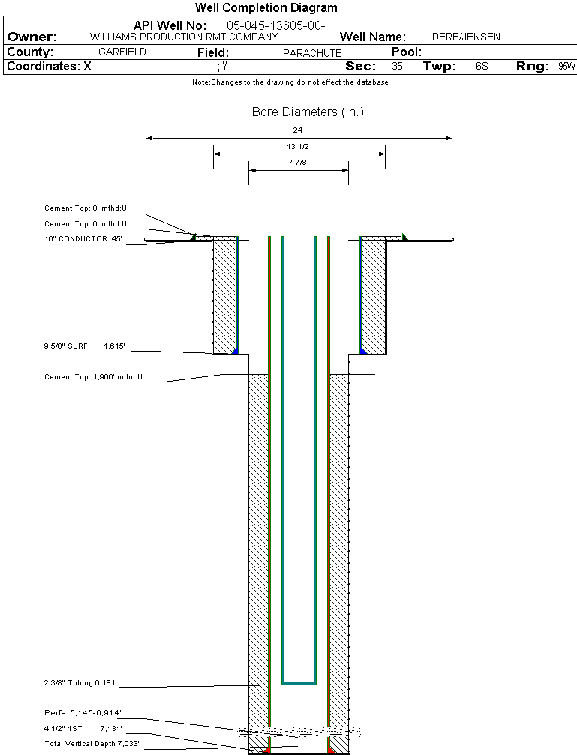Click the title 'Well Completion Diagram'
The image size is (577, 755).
click(266, 7)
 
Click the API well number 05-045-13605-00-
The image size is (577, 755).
click(275, 25)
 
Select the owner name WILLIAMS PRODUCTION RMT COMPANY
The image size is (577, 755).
click(184, 37)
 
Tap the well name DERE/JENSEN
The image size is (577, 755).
click(466, 37)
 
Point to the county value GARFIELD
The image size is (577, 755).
click(122, 52)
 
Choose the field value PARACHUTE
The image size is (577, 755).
click(312, 53)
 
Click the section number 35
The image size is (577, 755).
click(397, 67)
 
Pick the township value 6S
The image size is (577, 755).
click(482, 67)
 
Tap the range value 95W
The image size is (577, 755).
click(567, 67)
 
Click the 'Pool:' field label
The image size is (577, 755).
click(407, 52)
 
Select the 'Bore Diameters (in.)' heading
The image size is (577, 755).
click(308, 112)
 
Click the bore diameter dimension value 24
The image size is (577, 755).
click(297, 130)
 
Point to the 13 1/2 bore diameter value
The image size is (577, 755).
click(297, 146)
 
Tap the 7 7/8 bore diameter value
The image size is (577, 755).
click(297, 162)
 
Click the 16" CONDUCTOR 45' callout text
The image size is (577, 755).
click(83, 239)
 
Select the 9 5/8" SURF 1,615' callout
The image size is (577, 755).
click(84, 346)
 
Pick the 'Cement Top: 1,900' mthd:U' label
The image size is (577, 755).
click(94, 377)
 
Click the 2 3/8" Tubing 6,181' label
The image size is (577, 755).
click(80, 683)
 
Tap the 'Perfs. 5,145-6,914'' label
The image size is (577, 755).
click(83, 712)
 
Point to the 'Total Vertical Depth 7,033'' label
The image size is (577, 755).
click(92, 744)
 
